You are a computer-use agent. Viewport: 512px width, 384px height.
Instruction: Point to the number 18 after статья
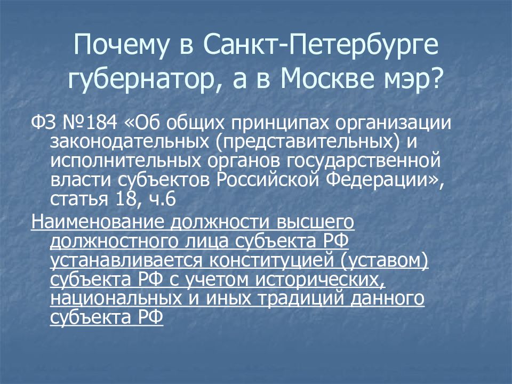[x=120, y=199]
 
